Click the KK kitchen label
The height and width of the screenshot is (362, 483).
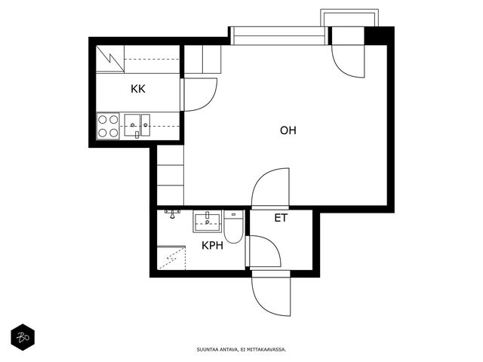pos(137,89)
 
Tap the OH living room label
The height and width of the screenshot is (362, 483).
pos(288,130)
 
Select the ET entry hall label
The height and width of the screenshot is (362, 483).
pos(281,218)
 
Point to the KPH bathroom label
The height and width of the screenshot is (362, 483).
pos(212,245)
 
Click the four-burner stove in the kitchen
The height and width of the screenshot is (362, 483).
pos(108,126)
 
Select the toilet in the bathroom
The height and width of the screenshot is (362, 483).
pos(233,226)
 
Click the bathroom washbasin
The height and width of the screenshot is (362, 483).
pos(208,221)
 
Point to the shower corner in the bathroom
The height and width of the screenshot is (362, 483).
pos(171,258)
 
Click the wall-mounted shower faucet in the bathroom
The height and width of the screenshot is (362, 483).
pos(172,214)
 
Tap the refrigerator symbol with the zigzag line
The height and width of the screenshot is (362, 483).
pos(110,59)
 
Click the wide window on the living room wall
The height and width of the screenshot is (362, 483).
pos(279,36)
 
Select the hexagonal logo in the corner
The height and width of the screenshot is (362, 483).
pos(23,337)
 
